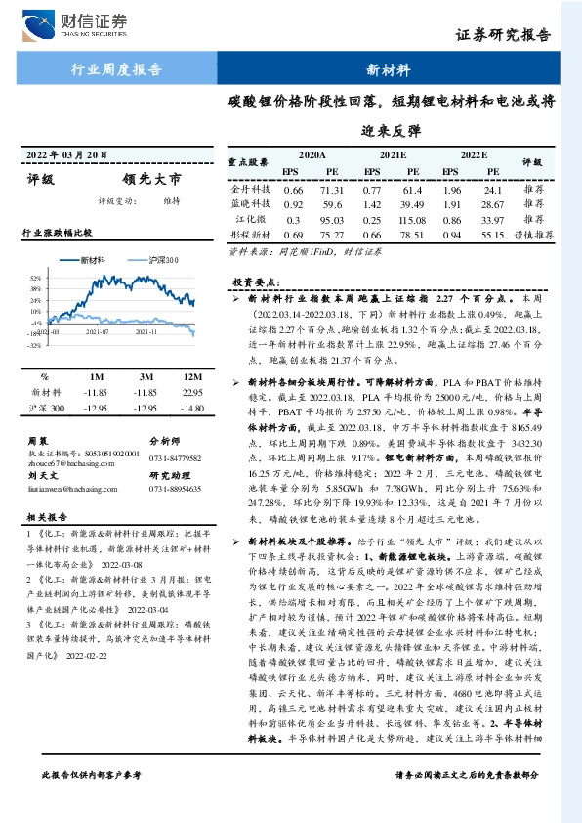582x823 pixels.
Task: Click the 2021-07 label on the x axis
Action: click(x=97, y=333)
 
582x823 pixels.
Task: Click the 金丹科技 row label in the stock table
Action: click(x=250, y=189)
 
